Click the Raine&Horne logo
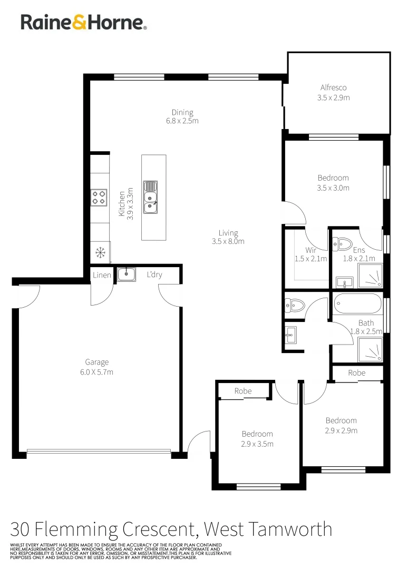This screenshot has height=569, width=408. pyautogui.click(x=83, y=22)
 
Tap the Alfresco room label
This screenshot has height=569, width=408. pyautogui.click(x=334, y=88)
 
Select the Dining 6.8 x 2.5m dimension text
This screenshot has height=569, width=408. pyautogui.click(x=182, y=121)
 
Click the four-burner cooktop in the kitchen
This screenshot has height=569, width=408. pyautogui.click(x=99, y=197)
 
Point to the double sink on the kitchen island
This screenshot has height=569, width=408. pyautogui.click(x=151, y=199)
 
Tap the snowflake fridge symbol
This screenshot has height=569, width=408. pyautogui.click(x=99, y=252)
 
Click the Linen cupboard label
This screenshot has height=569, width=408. pyautogui.click(x=102, y=275)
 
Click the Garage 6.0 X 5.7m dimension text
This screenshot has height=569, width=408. pyautogui.click(x=97, y=372)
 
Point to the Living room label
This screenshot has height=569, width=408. pyautogui.click(x=228, y=233)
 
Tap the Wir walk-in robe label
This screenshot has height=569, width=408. pyautogui.click(x=310, y=250)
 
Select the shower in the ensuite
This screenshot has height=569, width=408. pyautogui.click(x=371, y=276)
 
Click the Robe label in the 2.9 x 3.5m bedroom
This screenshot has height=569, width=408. pyautogui.click(x=243, y=391)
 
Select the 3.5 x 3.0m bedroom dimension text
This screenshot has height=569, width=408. pyautogui.click(x=333, y=188)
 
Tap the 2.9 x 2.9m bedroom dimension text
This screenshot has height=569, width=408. pyautogui.click(x=341, y=430)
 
